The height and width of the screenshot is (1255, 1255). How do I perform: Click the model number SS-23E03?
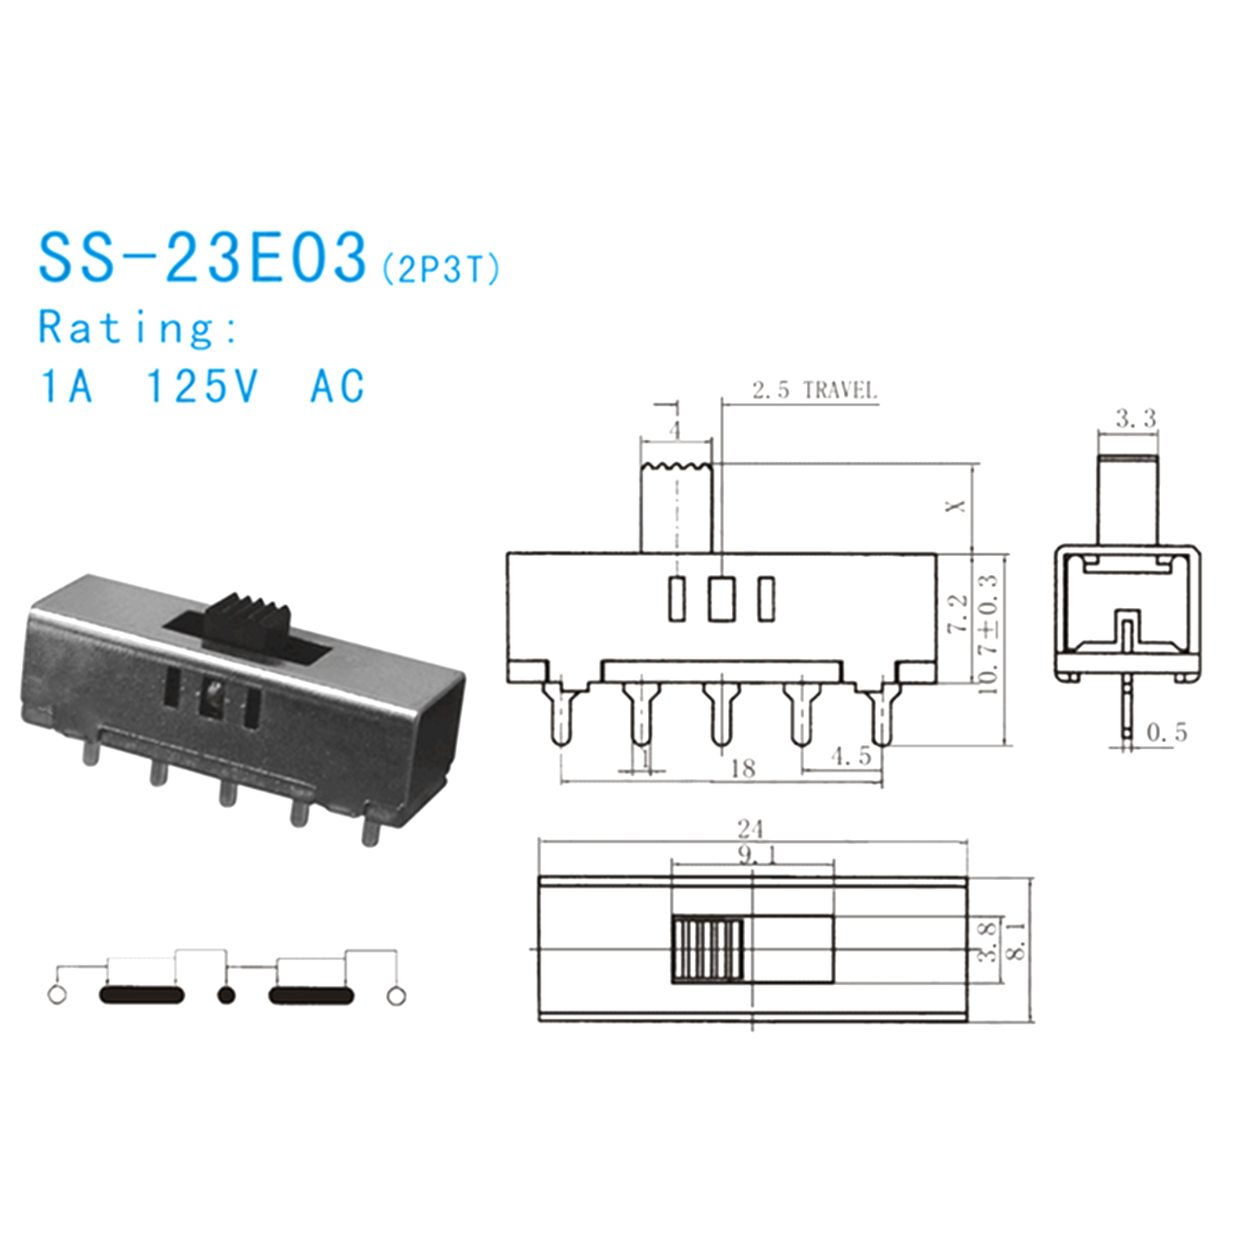pos(203,256)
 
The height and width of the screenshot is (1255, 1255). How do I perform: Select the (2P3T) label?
pos(441,270)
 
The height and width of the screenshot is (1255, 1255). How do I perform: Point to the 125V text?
pos(202,386)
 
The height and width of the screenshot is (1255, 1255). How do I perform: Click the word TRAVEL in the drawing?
pos(840,390)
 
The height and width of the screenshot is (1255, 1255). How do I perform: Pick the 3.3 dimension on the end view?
pos(1136,419)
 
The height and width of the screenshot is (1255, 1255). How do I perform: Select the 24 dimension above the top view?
pos(751,828)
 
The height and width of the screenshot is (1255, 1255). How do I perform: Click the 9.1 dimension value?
pos(758,855)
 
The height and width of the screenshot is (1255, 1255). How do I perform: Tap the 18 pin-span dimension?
pos(742,768)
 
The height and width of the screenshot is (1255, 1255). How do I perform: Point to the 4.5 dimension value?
pos(851,756)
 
